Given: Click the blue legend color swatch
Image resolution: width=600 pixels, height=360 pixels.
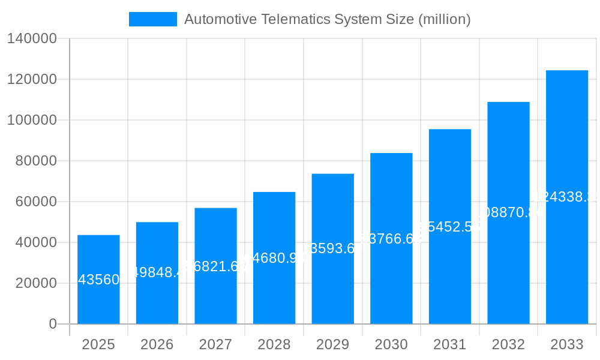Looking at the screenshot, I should (153, 19).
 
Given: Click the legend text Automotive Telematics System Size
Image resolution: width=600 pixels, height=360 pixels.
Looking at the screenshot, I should (327, 19).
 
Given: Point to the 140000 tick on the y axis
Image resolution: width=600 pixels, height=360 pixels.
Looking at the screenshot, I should (31, 39).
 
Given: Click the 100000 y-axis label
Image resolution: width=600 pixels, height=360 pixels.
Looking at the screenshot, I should (31, 120).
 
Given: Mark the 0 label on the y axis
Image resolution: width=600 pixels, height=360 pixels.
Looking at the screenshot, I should (53, 324).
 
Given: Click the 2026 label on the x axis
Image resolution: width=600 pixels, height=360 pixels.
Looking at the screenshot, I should (157, 344).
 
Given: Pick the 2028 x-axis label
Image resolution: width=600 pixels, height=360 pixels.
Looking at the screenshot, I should (274, 344).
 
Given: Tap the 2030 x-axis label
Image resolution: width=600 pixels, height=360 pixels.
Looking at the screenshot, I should (391, 344).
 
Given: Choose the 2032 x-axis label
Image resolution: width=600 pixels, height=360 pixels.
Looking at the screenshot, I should (508, 344).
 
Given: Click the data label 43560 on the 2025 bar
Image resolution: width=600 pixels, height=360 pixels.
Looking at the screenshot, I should (98, 280).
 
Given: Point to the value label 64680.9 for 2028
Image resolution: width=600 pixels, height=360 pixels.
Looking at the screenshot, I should (274, 258).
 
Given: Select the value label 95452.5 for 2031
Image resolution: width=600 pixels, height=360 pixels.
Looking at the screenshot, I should (449, 227).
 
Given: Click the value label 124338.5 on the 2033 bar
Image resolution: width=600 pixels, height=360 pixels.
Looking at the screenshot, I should (566, 197).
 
